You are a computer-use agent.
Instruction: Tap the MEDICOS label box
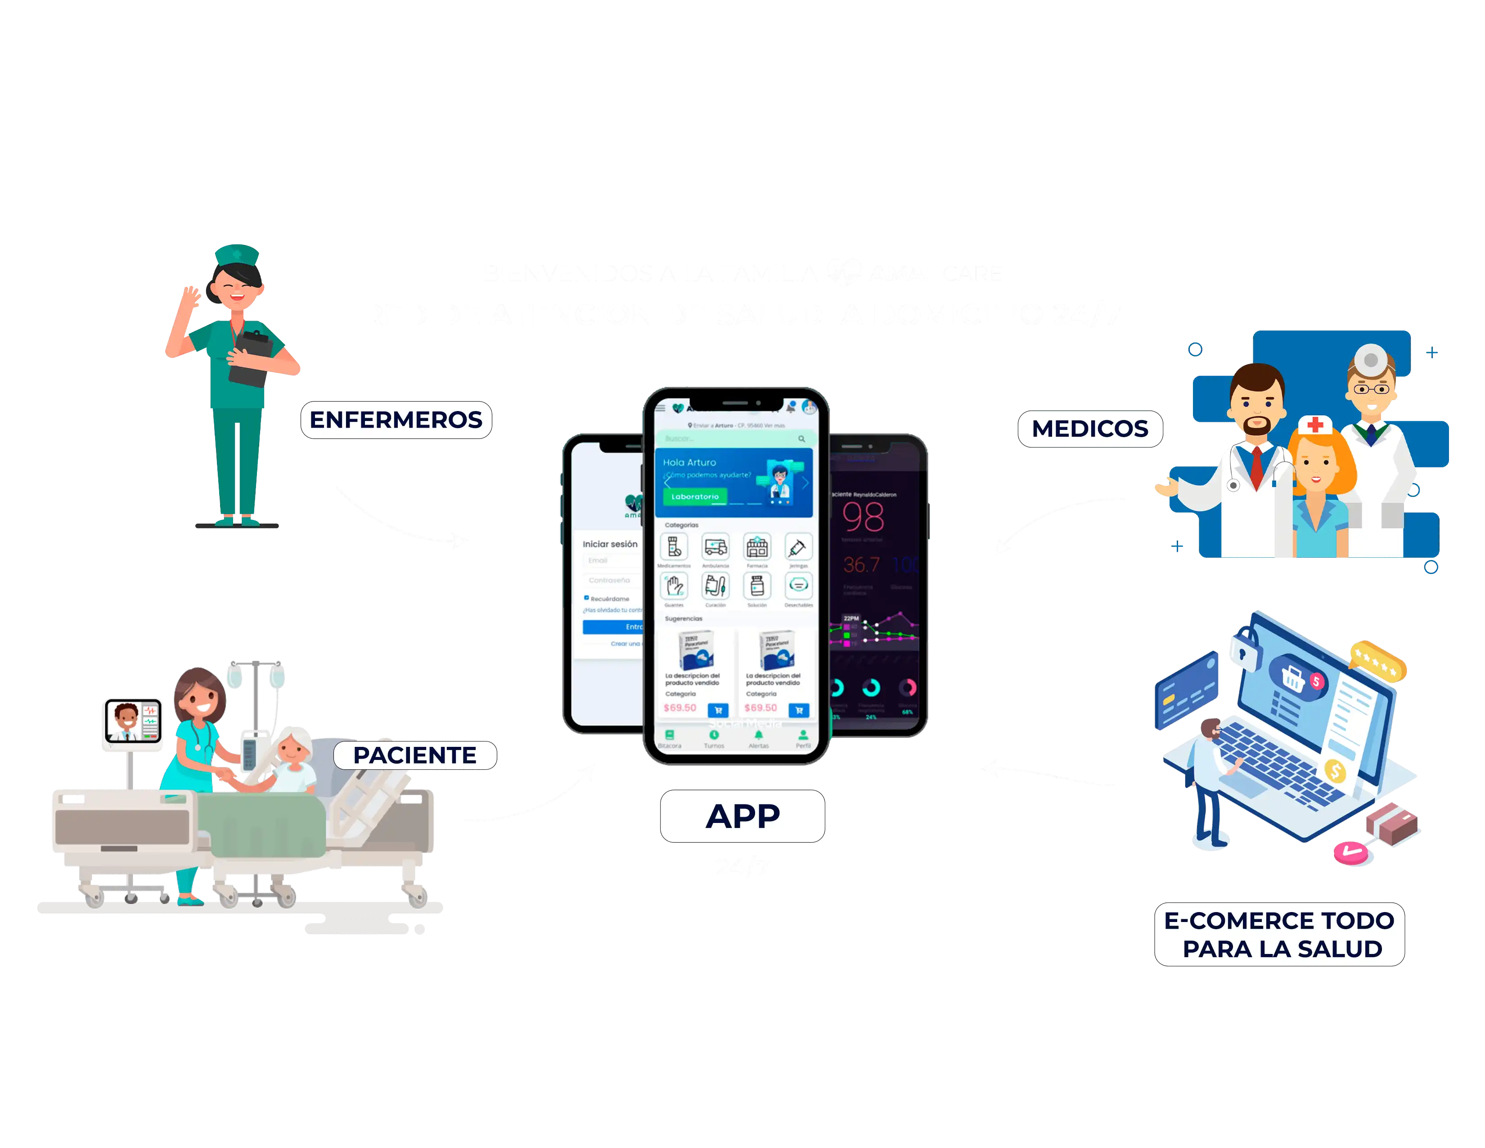[1089, 429]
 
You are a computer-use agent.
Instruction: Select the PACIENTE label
[415, 755]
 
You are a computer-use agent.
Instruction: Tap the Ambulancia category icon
[715, 547]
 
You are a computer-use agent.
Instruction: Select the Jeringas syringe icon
[798, 547]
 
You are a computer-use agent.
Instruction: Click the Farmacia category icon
[757, 547]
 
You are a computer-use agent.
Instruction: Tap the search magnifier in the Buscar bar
[801, 438]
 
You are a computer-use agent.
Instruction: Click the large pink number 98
[864, 518]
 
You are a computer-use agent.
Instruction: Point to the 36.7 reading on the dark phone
[861, 565]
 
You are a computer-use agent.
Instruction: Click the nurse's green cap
[236, 254]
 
